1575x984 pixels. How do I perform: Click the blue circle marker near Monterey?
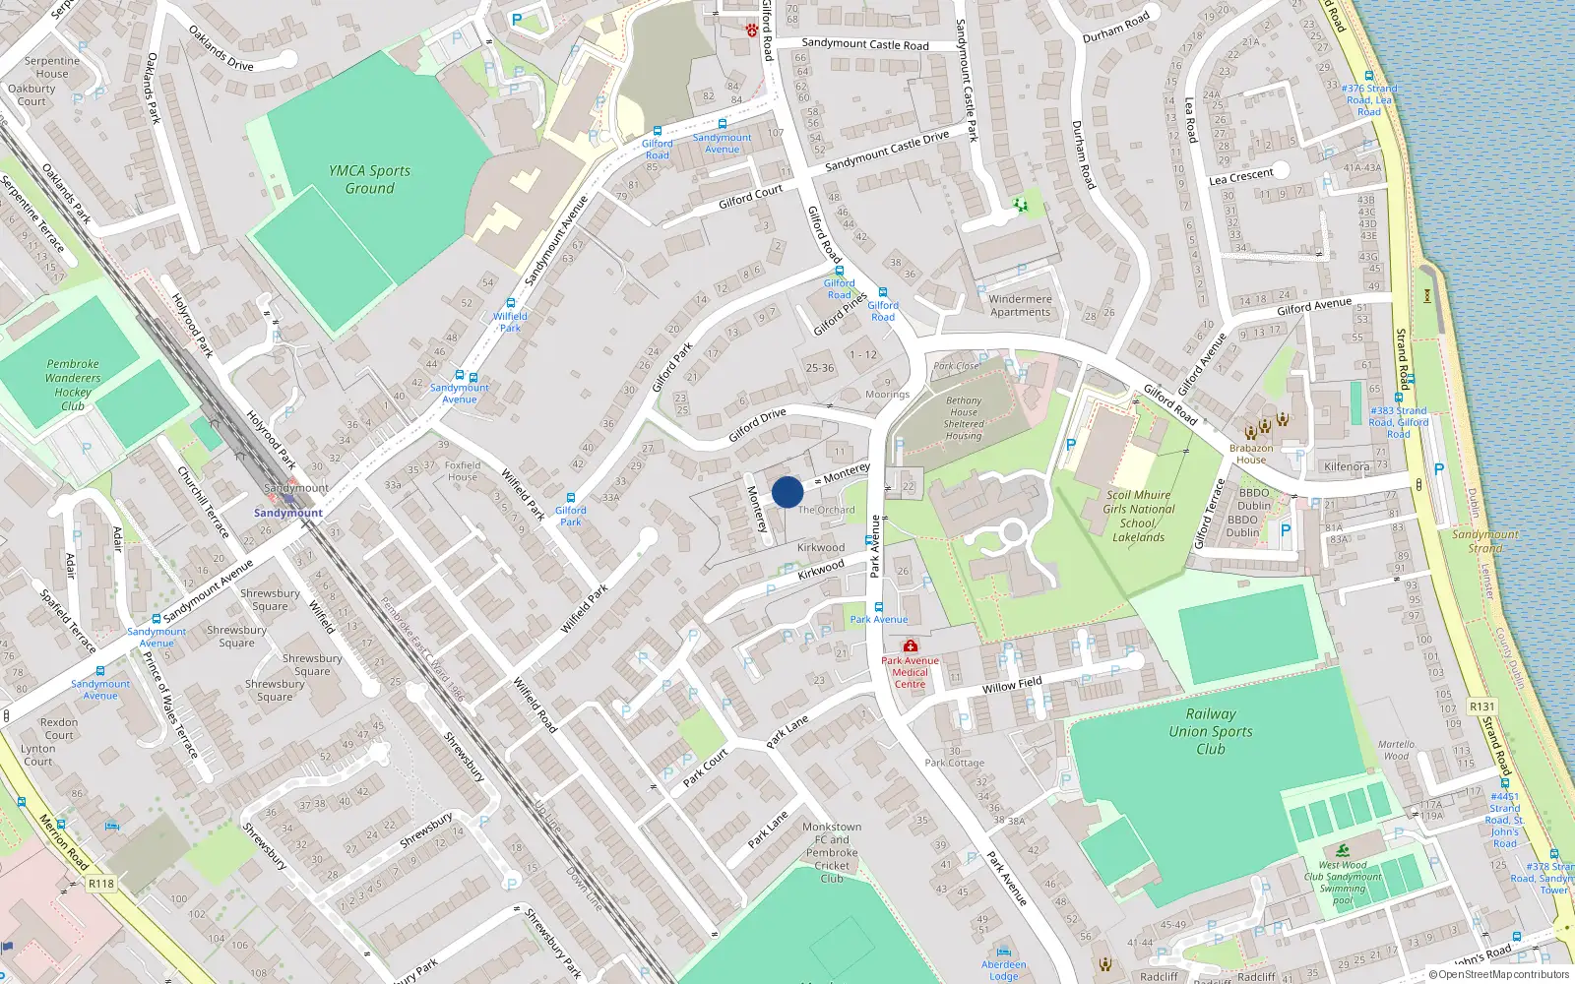[x=787, y=492]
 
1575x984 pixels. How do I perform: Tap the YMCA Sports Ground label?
[x=369, y=179]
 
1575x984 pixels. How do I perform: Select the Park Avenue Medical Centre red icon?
[x=910, y=646]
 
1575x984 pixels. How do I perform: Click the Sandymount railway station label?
[x=288, y=513]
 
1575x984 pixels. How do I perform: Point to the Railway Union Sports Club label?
[x=1211, y=731]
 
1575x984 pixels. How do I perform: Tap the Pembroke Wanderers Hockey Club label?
[x=73, y=385]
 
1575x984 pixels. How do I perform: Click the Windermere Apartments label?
[x=1020, y=305]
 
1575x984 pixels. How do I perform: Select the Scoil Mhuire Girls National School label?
[x=1139, y=516]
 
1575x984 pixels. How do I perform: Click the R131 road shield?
[x=1481, y=707]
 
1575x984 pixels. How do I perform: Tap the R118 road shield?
[x=101, y=884]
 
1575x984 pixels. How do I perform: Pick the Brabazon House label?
[x=1251, y=454]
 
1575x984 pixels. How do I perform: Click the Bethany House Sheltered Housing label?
[x=964, y=418]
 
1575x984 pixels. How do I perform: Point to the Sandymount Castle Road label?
[x=864, y=44]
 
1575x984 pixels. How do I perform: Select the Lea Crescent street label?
[x=1240, y=177]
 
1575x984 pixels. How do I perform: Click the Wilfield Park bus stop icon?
[x=510, y=304]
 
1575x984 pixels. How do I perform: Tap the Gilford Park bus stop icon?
[x=571, y=498]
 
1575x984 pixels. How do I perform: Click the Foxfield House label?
[x=463, y=471]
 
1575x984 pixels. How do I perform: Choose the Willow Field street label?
[x=1012, y=685]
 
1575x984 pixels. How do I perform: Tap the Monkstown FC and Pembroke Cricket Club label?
[x=832, y=852]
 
